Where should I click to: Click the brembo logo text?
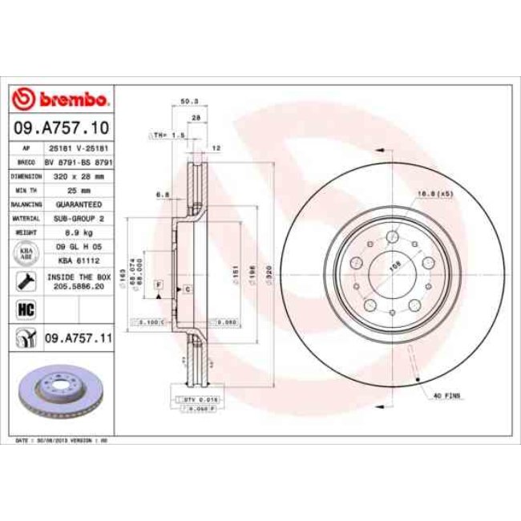71,99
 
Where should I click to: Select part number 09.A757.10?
61,127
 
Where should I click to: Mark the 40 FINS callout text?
446,394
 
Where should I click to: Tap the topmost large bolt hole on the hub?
391,236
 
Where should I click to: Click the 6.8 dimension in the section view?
160,193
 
